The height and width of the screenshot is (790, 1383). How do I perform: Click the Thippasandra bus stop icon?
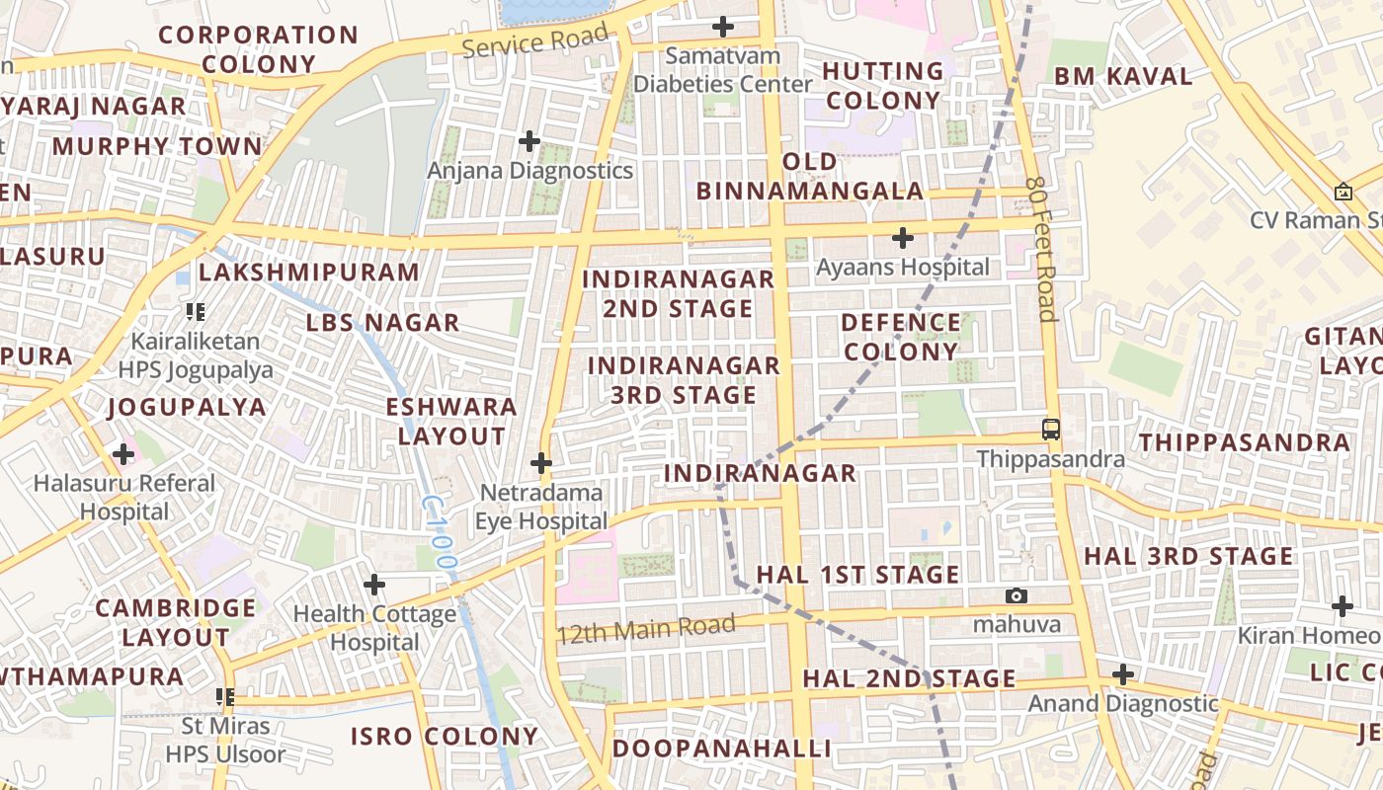(x=1051, y=430)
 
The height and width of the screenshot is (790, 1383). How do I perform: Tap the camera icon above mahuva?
(x=1016, y=595)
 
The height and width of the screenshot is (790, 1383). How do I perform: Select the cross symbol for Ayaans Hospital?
(x=902, y=238)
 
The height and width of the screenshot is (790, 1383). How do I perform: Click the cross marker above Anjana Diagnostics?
(x=529, y=141)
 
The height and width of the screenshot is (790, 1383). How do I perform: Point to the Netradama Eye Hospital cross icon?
(x=541, y=462)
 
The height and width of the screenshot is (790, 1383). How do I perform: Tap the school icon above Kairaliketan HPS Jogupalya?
(x=196, y=312)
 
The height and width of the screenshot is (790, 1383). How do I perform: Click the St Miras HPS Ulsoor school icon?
(x=225, y=697)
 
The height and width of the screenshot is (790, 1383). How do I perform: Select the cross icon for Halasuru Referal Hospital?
(x=123, y=454)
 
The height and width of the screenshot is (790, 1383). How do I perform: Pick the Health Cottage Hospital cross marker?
(x=374, y=585)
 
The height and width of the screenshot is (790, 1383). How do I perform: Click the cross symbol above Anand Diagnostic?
(x=1122, y=674)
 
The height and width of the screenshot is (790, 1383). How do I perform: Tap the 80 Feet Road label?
(x=1041, y=249)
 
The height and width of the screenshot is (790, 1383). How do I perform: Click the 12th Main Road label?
(x=646, y=629)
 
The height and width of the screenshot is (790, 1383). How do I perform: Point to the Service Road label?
(x=534, y=41)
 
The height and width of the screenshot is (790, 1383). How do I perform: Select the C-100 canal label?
(x=440, y=533)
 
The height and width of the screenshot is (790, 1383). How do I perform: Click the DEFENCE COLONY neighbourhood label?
(x=901, y=337)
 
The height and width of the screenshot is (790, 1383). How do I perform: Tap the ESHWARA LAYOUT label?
(x=451, y=421)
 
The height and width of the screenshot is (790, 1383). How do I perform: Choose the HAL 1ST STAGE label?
(x=857, y=575)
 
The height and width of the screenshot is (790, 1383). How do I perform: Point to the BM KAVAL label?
(x=1123, y=76)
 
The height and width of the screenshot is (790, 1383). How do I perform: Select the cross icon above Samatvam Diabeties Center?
(x=724, y=26)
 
